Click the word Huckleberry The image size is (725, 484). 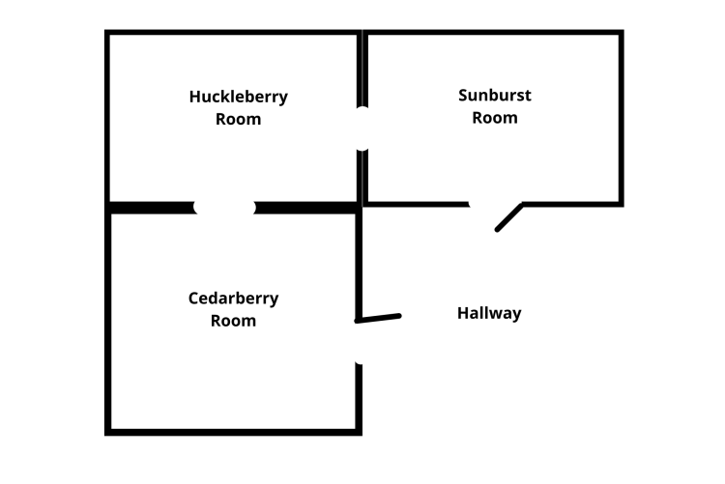pos(238,97)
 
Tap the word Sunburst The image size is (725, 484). pos(494,96)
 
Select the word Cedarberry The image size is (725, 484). pos(233,299)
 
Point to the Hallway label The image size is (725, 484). pos(489,313)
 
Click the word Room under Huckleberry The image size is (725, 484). pos(238,120)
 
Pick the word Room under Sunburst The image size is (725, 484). pos(494,118)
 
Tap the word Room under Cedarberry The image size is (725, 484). pos(233,321)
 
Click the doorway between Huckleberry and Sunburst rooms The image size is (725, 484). pos(362,128)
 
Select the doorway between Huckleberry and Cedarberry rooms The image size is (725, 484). pos(224,207)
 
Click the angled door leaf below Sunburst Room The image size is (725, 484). pos(508,217)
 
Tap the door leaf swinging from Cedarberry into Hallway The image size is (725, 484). pos(378,318)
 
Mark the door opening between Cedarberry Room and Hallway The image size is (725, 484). pos(359,342)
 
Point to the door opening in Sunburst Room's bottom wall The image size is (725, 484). pos(495,204)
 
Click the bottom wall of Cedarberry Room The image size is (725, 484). pos(233,431)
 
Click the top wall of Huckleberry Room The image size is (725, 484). pos(233,34)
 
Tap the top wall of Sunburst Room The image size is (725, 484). pos(493,34)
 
